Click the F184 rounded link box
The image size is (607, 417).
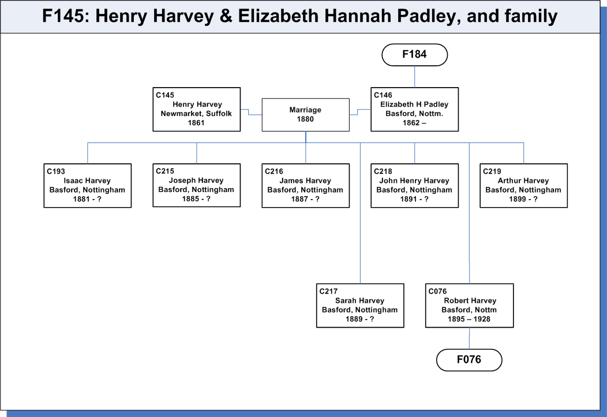(x=415, y=55)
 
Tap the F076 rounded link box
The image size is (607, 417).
(x=469, y=360)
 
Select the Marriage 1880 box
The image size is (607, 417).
(x=305, y=115)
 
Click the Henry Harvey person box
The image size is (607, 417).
(x=197, y=110)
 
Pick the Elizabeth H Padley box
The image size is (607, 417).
(x=415, y=110)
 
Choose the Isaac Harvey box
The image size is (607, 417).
(x=88, y=186)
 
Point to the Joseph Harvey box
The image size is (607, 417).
(x=197, y=185)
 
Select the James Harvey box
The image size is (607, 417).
(x=305, y=186)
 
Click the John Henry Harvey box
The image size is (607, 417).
(x=415, y=186)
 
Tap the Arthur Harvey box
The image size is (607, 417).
(x=524, y=186)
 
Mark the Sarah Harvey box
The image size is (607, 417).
(x=360, y=306)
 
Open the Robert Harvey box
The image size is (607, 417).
(x=470, y=306)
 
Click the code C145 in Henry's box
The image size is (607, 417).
(x=165, y=95)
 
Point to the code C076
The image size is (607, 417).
(x=437, y=291)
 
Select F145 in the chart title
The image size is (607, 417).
(x=63, y=16)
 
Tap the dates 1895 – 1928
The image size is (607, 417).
(x=469, y=319)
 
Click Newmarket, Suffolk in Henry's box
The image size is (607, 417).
(x=196, y=114)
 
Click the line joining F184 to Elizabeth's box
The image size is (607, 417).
(x=415, y=77)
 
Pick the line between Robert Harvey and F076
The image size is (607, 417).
(x=470, y=339)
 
